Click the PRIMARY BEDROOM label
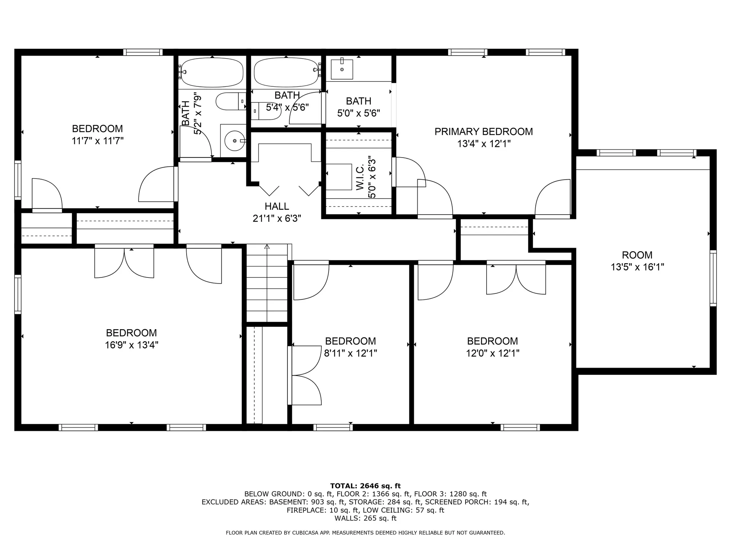coord(484,132)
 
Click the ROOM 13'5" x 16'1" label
coord(637,261)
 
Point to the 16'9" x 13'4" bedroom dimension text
coord(131,345)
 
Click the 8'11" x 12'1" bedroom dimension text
coord(350,353)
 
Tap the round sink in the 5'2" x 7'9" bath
coord(233,140)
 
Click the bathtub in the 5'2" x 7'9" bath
coord(212,72)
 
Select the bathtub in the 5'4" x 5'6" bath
coord(286,72)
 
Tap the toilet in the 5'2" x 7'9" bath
coord(230,101)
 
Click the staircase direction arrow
coord(267,247)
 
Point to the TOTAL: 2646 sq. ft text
coord(365,486)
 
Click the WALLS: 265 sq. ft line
coord(365,518)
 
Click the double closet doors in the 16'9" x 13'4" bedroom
coord(124,263)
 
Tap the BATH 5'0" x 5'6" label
coord(359,107)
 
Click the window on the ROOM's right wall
coord(713,278)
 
